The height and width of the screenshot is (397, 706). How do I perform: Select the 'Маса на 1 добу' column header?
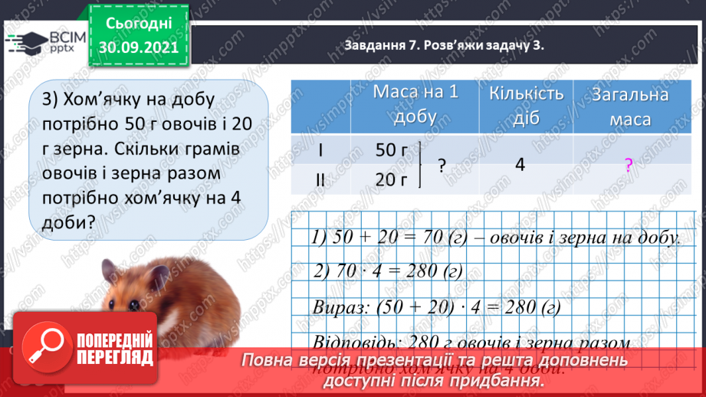point(415,104)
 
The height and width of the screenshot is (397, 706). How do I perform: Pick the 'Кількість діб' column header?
point(527,104)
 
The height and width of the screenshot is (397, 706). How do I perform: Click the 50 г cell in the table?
point(392,150)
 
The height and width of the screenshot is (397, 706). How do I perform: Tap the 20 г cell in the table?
point(392,179)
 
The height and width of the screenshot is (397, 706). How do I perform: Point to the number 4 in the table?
point(520,164)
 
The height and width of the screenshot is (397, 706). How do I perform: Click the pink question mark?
point(629,165)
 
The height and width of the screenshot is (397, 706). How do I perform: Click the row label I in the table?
point(320,150)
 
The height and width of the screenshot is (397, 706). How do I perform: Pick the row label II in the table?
point(320,179)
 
